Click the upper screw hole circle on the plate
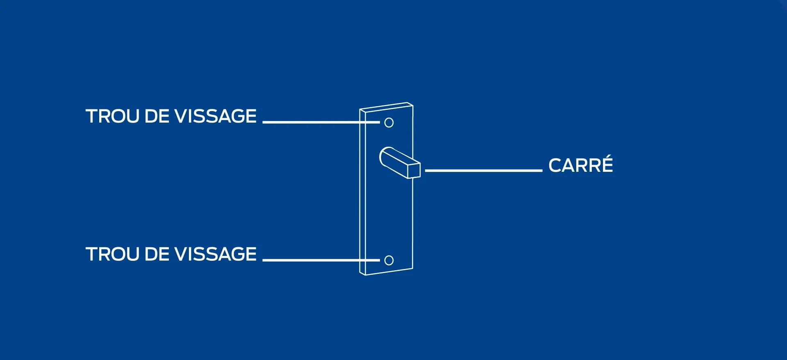[x=389, y=122]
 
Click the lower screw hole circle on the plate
[x=389, y=260]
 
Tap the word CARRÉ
[x=580, y=166]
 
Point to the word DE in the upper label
[x=157, y=116]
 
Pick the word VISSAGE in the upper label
[x=215, y=116]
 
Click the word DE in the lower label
[x=157, y=254]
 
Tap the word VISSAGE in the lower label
[x=215, y=254]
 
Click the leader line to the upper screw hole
[x=320, y=122]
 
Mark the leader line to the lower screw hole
[x=320, y=260]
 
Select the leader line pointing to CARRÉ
[x=484, y=170]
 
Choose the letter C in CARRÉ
[x=555, y=166]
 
